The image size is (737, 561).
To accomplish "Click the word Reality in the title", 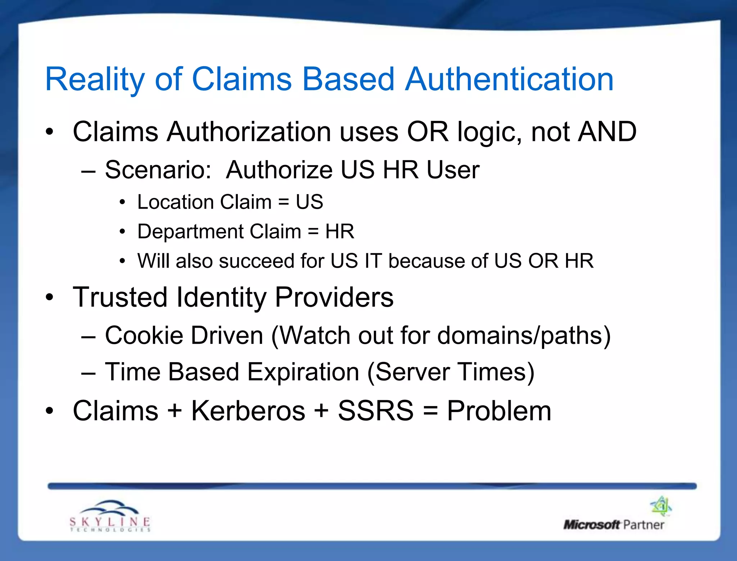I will point(95,80).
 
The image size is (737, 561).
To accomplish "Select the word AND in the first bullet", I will point(607,132).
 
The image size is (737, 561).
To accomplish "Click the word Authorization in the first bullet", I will point(249,132).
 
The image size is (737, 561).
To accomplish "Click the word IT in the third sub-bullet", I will point(373,261).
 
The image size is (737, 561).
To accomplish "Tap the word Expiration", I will point(303,372).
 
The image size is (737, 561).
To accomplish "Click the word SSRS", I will point(376,411).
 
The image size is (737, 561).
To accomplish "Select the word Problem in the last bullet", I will point(499,412).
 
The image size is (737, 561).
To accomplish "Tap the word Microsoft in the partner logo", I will point(592,525).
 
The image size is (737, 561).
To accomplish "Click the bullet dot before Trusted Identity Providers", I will point(50,298).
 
